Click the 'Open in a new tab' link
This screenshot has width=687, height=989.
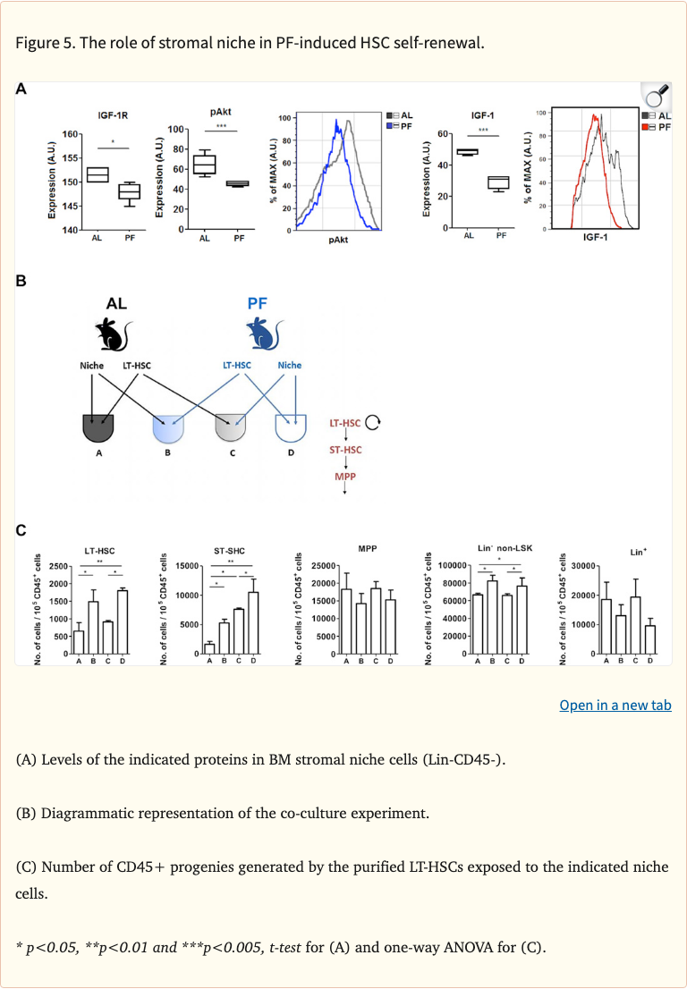pyautogui.click(x=615, y=706)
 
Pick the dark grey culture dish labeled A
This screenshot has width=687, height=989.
pyautogui.click(x=104, y=429)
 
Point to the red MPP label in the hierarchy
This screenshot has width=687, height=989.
pyautogui.click(x=345, y=477)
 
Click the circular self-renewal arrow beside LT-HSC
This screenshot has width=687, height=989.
pyautogui.click(x=373, y=422)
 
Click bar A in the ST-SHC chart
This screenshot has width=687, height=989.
pyautogui.click(x=209, y=648)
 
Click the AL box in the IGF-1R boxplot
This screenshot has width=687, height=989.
pyautogui.click(x=98, y=174)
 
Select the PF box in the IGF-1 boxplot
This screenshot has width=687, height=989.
pyautogui.click(x=498, y=182)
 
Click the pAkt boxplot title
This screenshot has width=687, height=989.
pyautogui.click(x=222, y=112)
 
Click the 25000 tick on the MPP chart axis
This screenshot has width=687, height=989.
pyautogui.click(x=319, y=566)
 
